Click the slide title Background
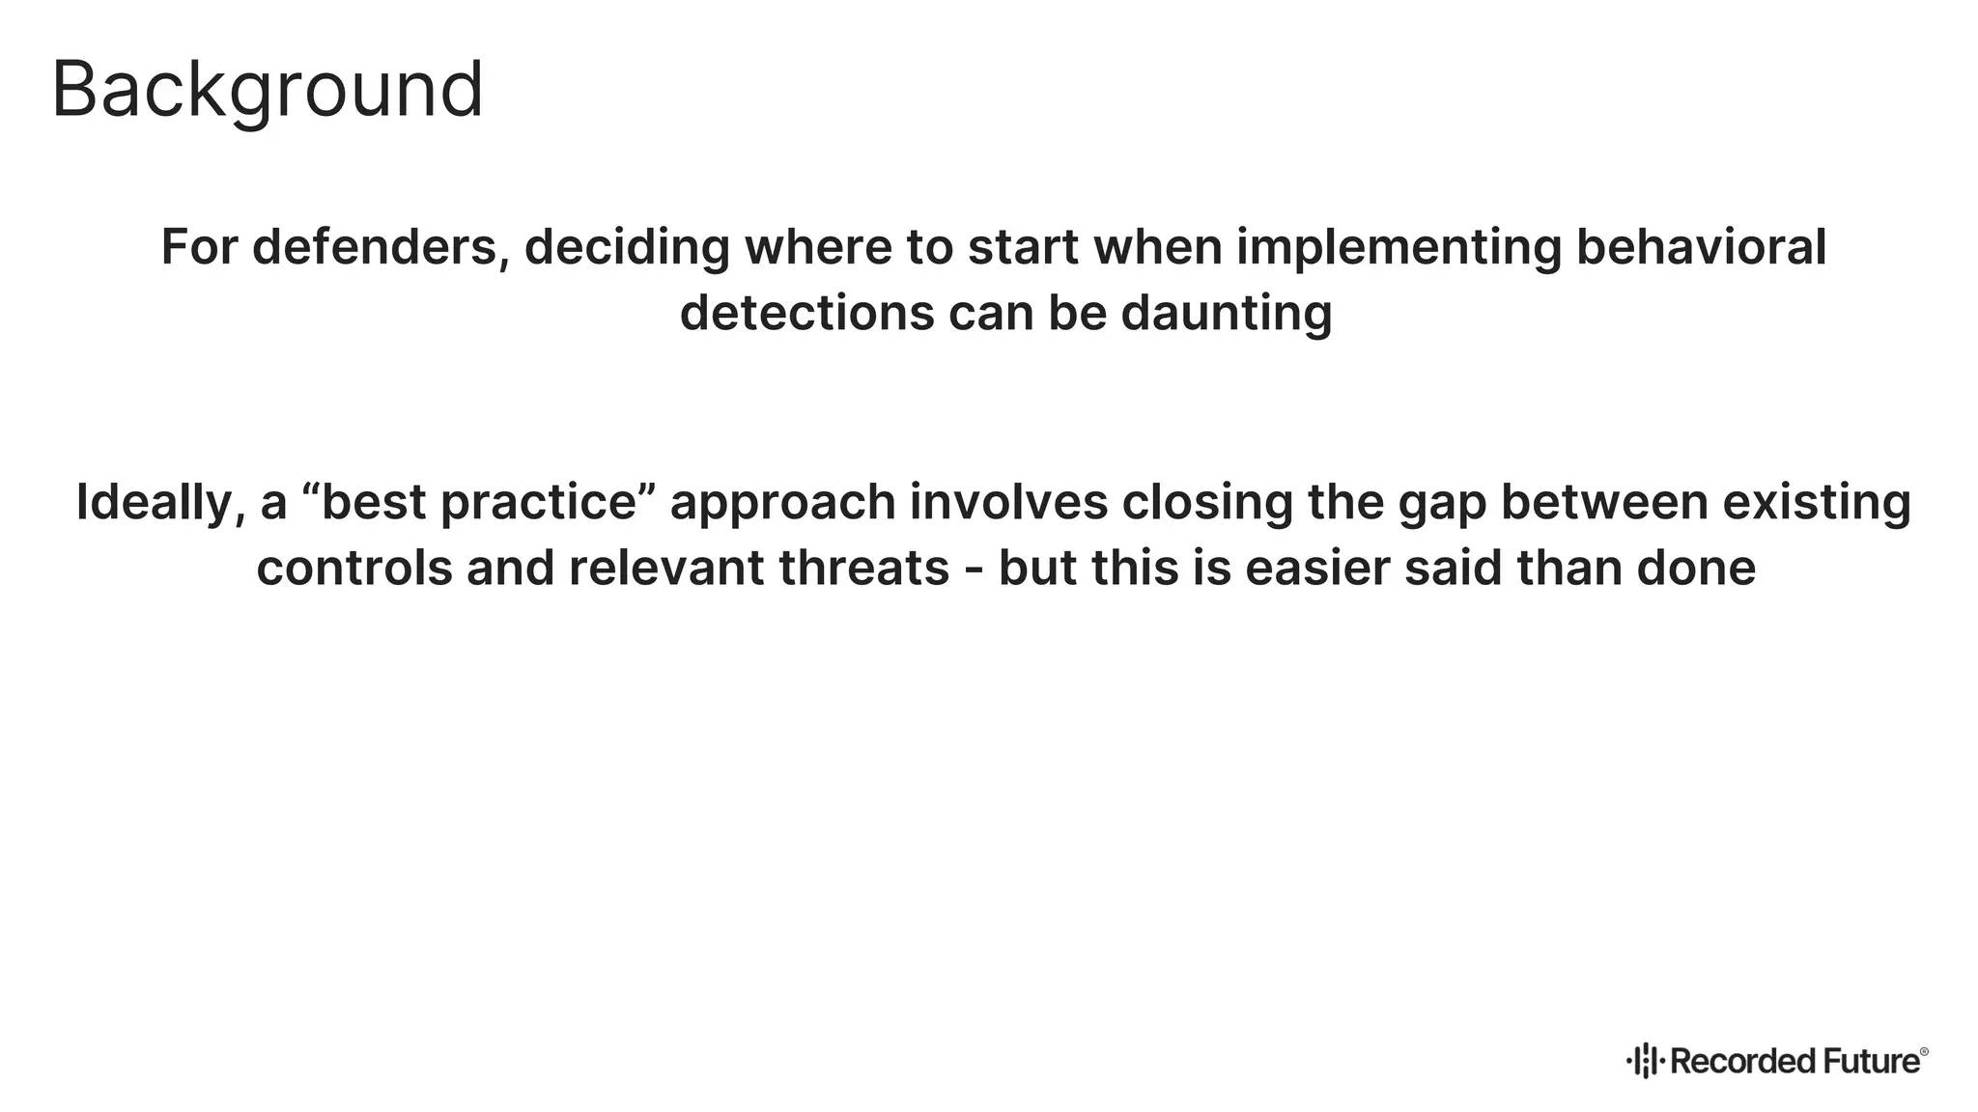pos(267,91)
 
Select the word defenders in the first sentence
pos(381,247)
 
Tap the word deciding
pos(627,247)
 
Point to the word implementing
pos(1399,247)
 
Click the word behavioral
pos(1701,247)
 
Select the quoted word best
pos(373,503)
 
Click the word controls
pos(354,568)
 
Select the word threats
pos(863,568)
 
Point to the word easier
pos(1317,568)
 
